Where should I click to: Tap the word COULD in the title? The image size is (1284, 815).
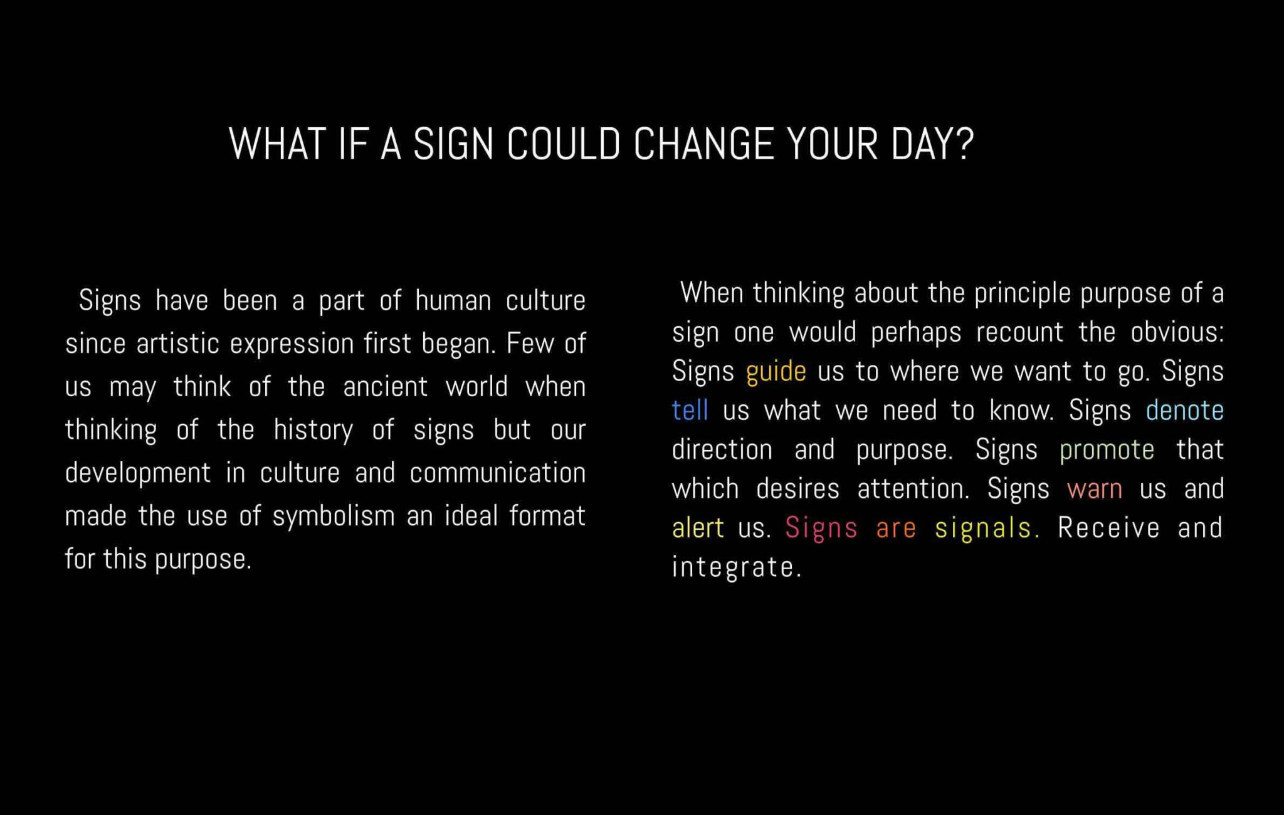(x=563, y=144)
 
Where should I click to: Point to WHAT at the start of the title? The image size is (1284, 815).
(x=278, y=144)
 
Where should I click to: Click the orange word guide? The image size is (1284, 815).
(x=776, y=372)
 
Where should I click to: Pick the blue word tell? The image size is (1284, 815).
(x=690, y=411)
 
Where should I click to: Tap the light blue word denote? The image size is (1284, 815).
(x=1185, y=411)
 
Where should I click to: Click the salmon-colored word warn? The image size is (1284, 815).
(x=1095, y=489)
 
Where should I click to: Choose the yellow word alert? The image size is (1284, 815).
(x=698, y=528)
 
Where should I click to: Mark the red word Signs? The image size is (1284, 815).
(x=821, y=528)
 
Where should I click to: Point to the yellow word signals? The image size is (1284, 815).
(x=987, y=528)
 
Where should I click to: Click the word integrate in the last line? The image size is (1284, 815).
(x=737, y=567)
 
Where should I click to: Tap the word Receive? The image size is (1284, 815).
(x=1108, y=528)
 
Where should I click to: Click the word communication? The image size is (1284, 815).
(x=498, y=473)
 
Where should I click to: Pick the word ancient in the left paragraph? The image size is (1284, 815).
(x=385, y=387)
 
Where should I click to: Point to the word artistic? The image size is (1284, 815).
(x=178, y=344)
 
